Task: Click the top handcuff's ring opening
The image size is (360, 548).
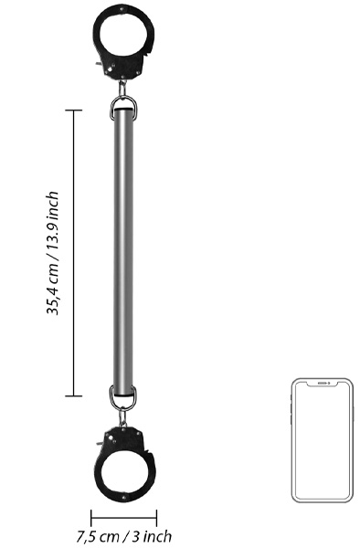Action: pos(123,35)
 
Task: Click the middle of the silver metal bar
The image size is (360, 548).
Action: pos(123,253)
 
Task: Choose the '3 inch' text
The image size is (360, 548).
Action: pos(152,536)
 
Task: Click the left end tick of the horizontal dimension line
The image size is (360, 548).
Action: pos(90,517)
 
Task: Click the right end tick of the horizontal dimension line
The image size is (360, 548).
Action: pos(157,517)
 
